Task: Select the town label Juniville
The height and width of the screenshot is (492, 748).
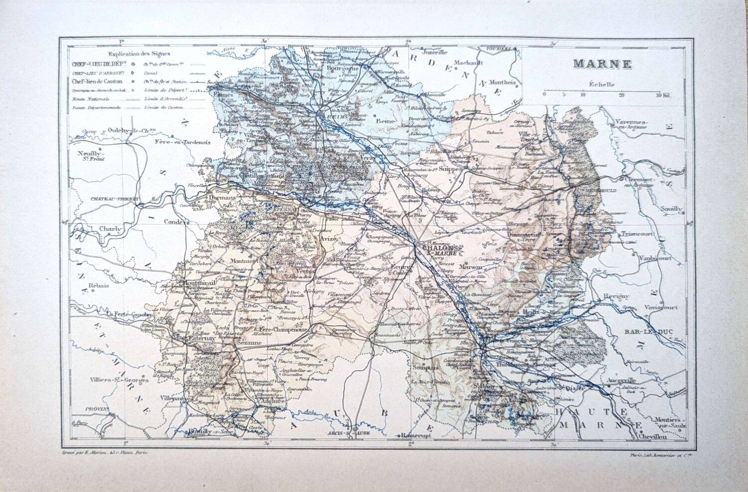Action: point(435,51)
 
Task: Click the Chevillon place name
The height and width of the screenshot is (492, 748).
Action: point(652,436)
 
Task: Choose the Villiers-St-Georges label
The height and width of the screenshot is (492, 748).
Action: point(112,381)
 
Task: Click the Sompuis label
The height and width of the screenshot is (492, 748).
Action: point(425,368)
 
